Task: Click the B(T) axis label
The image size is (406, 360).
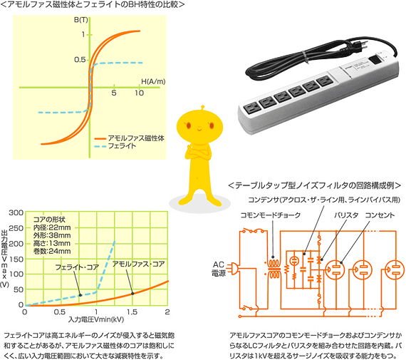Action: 80,20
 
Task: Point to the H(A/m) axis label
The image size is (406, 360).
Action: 153,81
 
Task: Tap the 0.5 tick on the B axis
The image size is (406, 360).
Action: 80,60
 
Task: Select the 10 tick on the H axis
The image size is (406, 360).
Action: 139,93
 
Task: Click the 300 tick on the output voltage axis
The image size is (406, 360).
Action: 16,212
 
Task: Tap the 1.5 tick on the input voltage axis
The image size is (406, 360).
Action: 132,312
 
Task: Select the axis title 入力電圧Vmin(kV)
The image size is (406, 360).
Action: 96,319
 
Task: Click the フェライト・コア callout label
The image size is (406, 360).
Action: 77,267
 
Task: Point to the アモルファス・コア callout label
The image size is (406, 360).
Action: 138,264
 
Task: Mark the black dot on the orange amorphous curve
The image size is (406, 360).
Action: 132,294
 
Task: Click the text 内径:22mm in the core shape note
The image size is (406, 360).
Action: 52,227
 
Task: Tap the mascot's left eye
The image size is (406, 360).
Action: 189,125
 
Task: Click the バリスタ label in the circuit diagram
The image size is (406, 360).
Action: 346,215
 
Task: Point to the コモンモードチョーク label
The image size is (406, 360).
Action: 271,215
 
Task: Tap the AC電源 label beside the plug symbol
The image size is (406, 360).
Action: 219,269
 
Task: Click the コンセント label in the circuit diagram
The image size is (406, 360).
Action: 380,215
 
